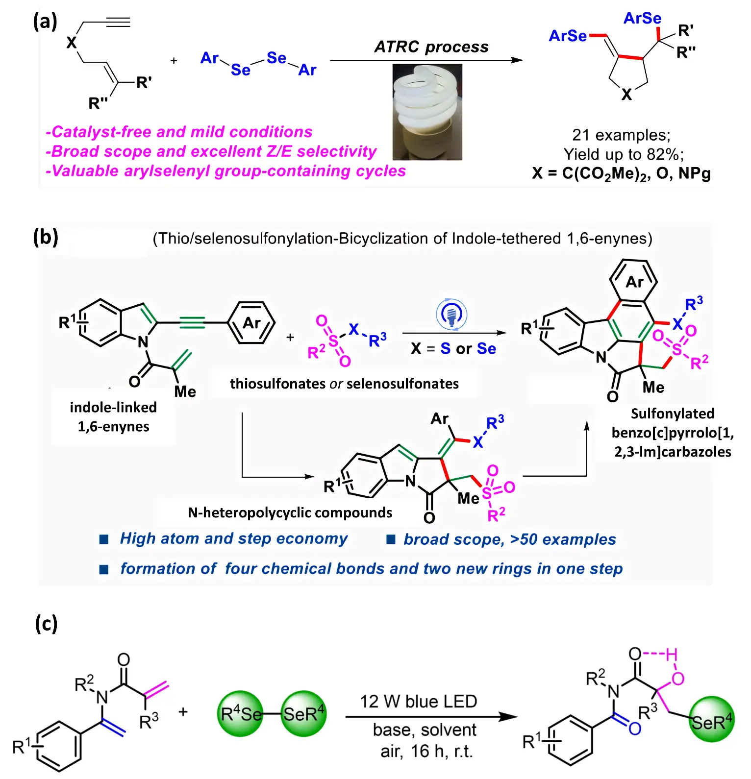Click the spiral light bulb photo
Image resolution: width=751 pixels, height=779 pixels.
[x=427, y=112]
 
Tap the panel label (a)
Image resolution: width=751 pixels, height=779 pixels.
[x=45, y=22]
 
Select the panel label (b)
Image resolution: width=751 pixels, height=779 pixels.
[x=46, y=238]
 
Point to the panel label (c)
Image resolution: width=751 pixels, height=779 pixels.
[x=46, y=624]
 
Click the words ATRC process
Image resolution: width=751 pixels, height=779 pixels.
[x=431, y=47]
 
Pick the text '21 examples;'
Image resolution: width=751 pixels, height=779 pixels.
[x=621, y=135]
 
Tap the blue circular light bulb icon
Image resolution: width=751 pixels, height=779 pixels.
[x=451, y=314]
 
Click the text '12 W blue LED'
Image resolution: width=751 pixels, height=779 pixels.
[x=418, y=702]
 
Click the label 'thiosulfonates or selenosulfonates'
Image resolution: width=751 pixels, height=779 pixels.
[x=344, y=384]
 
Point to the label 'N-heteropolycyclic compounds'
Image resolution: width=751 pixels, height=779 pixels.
[x=290, y=512]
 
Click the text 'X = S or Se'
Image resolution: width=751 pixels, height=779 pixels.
[x=453, y=349]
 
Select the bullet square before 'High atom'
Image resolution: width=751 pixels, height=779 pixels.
[x=104, y=539]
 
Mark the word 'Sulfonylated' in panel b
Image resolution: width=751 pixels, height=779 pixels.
[x=672, y=414]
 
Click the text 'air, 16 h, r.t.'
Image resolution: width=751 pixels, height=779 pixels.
[x=426, y=751]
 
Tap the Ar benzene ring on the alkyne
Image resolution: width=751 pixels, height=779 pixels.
[x=252, y=323]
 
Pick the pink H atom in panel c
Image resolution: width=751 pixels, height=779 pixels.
[x=671, y=654]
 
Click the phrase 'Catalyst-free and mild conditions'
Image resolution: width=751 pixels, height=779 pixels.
[x=179, y=132]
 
